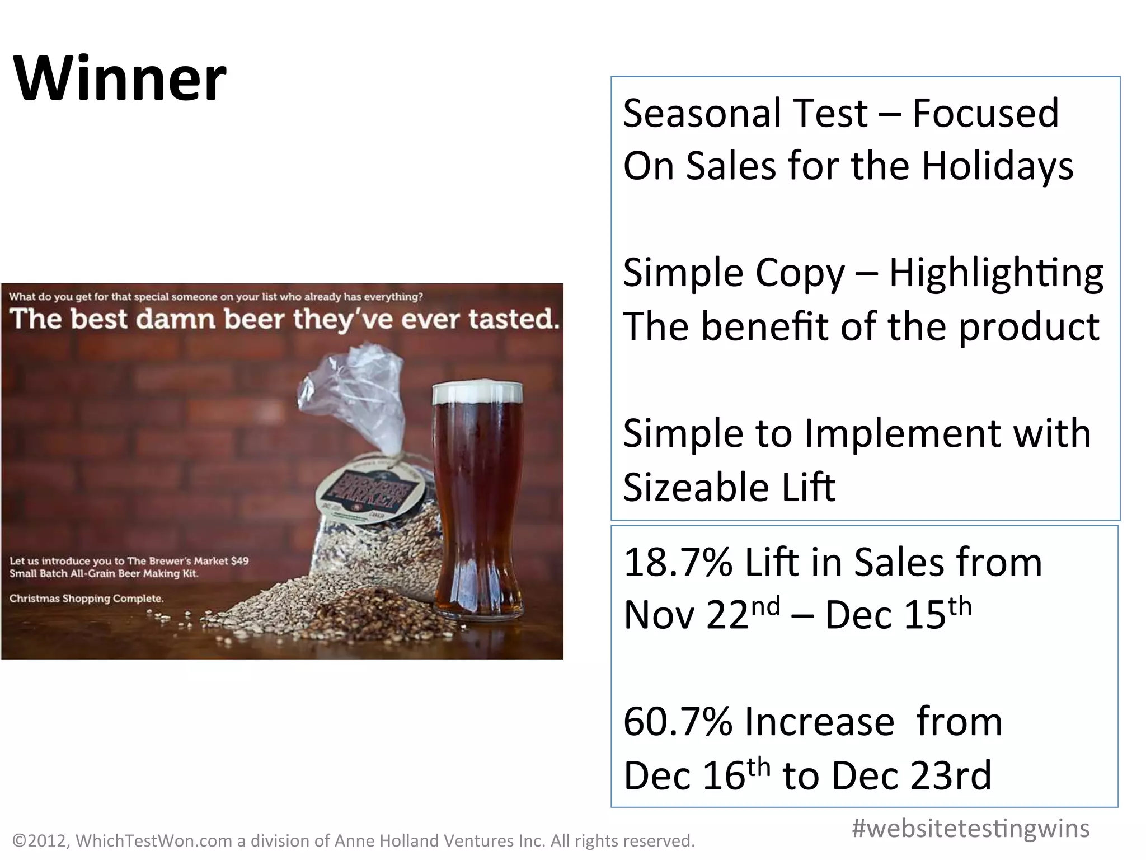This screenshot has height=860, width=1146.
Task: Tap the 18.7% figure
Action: tap(678, 562)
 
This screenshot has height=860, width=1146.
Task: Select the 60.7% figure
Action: tap(678, 722)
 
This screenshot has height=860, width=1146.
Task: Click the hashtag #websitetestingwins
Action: tap(970, 828)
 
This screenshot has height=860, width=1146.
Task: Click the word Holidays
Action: tap(997, 166)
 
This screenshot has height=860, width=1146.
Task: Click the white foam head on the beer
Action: tap(477, 391)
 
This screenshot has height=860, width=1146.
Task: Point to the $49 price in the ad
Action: tap(239, 560)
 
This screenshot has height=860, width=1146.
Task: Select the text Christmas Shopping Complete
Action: tap(86, 599)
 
